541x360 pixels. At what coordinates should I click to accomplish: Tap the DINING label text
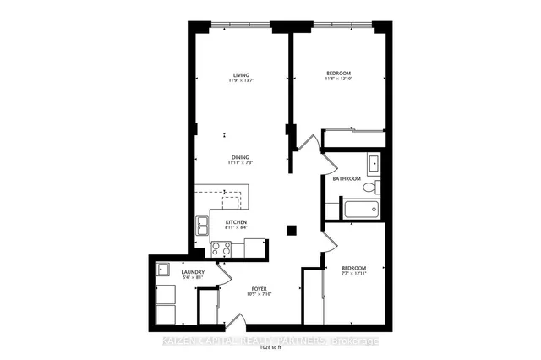(239, 156)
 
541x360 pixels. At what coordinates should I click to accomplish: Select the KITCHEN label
(236, 221)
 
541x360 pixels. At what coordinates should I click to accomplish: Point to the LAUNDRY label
(169, 271)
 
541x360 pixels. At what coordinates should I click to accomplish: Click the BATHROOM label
(347, 179)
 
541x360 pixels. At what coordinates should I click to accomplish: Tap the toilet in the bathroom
(378, 186)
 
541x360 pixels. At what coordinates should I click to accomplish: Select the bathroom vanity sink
(373, 162)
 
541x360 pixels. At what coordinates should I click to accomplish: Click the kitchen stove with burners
(221, 248)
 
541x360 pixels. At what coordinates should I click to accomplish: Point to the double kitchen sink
(204, 225)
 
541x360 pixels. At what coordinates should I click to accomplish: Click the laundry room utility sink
(163, 270)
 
